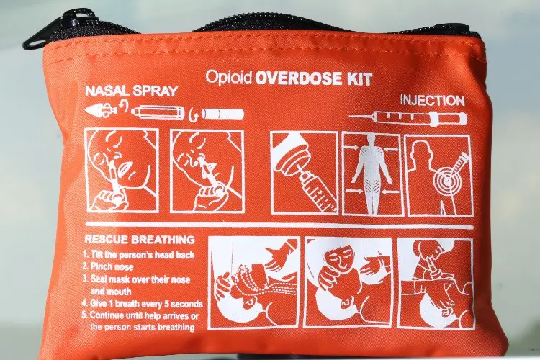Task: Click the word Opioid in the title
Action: click(228, 78)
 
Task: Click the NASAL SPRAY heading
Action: click(131, 91)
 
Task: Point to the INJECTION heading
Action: click(432, 101)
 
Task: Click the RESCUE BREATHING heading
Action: click(140, 240)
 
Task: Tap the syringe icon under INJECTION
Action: click(408, 118)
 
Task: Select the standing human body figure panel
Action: click(372, 174)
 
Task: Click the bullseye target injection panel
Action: click(438, 176)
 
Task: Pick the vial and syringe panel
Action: click(304, 173)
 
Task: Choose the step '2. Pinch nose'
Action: click(108, 266)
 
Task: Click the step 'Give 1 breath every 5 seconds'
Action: click(143, 304)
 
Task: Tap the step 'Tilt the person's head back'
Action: click(138, 255)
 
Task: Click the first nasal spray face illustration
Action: click(122, 170)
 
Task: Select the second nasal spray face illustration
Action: click(207, 171)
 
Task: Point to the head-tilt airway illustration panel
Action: click(254, 282)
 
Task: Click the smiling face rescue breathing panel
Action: click(348, 282)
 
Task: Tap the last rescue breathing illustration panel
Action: click(436, 283)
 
